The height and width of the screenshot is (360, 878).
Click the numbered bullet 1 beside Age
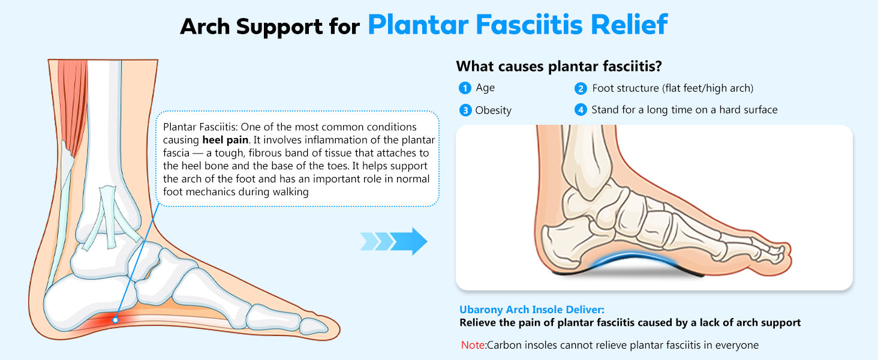click(465, 88)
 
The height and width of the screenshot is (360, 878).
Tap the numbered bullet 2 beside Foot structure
click(580, 89)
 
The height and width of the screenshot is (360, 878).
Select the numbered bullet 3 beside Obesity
click(465, 110)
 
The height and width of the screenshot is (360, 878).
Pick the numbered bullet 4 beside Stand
click(580, 110)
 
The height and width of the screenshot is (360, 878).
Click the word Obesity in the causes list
click(493, 110)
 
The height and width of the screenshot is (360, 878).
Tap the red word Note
click(473, 345)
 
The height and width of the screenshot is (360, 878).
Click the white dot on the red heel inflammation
click(115, 320)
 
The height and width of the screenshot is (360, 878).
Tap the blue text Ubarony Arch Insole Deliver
click(532, 310)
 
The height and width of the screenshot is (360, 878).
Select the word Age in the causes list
click(485, 88)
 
